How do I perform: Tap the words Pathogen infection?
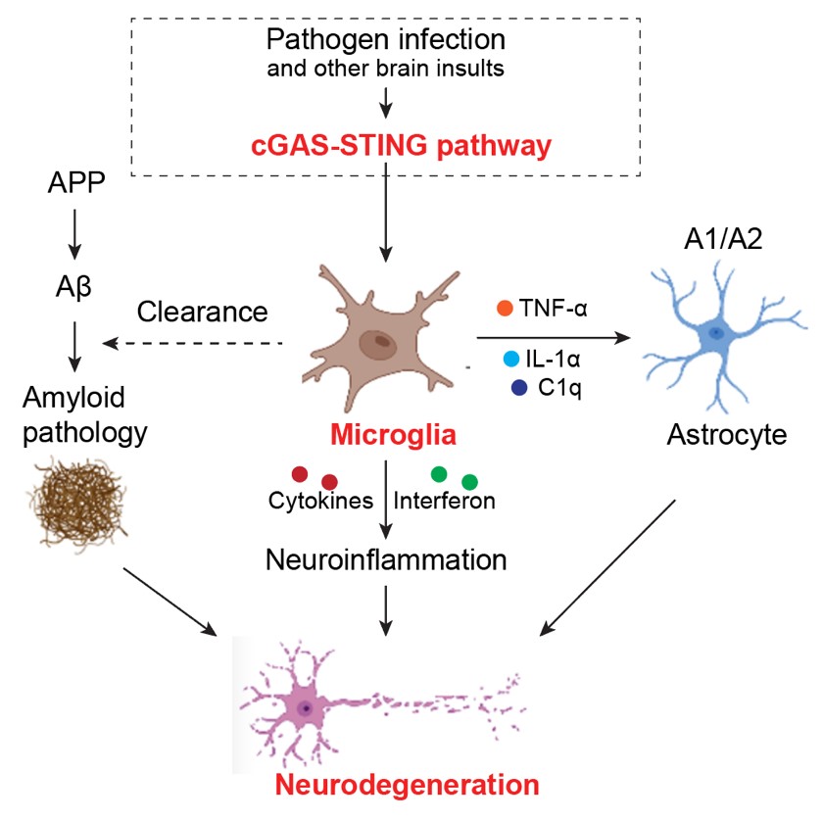coord(386,41)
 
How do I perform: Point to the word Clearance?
coord(203,312)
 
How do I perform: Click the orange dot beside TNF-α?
coord(505,309)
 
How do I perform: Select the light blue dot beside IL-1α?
coord(510,359)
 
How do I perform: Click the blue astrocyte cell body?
coord(716,335)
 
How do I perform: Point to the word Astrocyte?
coord(727,434)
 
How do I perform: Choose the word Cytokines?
coord(321,501)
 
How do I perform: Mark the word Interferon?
coord(445,501)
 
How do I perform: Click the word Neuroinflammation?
coord(386,560)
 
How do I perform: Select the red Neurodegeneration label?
coord(407,785)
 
